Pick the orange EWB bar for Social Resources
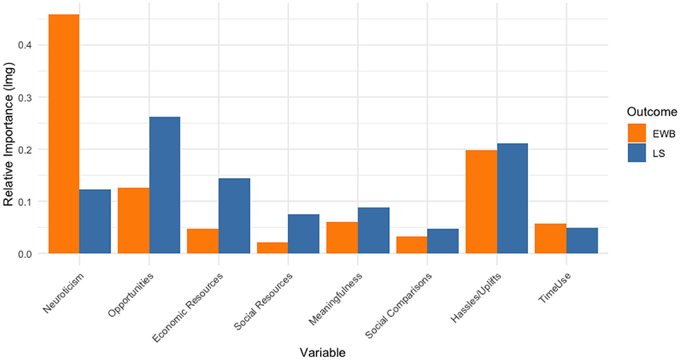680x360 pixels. [x=272, y=248]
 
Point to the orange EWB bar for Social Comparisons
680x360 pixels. [x=412, y=245]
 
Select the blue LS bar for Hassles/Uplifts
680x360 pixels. [x=512, y=198]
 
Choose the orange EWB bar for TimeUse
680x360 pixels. [x=550, y=239]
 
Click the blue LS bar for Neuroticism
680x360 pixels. [x=95, y=221]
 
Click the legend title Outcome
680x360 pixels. [x=651, y=112]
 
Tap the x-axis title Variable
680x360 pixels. [x=322, y=352]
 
